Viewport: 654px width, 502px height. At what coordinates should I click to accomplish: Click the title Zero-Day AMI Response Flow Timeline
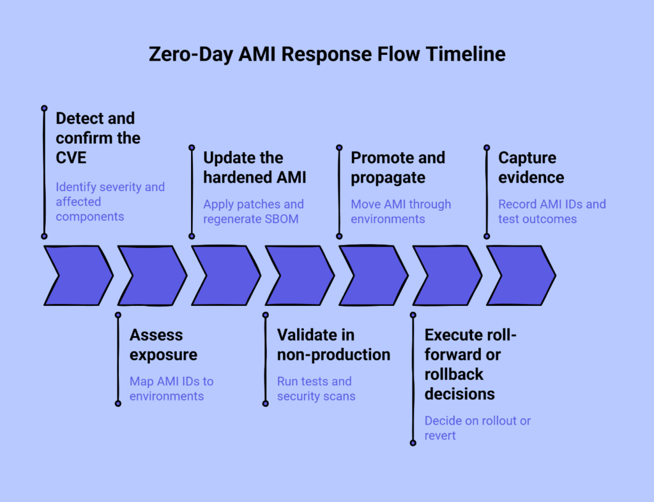[x=327, y=54]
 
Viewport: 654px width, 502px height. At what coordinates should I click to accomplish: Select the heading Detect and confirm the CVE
[x=98, y=138]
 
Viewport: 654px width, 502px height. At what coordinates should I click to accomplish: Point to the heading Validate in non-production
[x=333, y=344]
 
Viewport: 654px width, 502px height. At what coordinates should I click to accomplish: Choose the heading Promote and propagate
[x=397, y=167]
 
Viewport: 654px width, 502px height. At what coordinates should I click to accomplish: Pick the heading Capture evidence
[x=531, y=167]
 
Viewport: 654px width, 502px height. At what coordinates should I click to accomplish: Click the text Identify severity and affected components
[x=110, y=201]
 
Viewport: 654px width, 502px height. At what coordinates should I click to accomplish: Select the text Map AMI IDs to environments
[x=171, y=388]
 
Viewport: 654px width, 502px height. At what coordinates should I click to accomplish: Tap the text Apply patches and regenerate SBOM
[x=253, y=211]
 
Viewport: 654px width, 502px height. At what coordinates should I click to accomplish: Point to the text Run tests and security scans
[x=316, y=388]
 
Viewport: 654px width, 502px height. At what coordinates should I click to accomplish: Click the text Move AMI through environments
[x=400, y=211]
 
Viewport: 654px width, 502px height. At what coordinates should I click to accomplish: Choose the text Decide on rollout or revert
[x=477, y=428]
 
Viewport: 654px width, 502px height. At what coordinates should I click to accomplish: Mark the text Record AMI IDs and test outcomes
[x=552, y=211]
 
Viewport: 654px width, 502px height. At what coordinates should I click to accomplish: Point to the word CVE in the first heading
[x=71, y=158]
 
